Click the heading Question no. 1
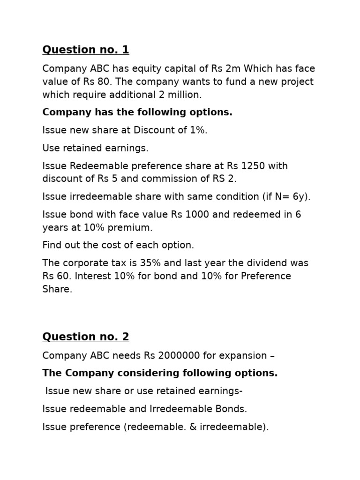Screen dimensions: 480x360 (x=85, y=50)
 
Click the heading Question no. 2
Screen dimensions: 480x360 (x=85, y=337)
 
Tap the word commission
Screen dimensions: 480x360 (x=177, y=179)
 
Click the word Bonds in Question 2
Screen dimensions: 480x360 (x=232, y=409)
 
